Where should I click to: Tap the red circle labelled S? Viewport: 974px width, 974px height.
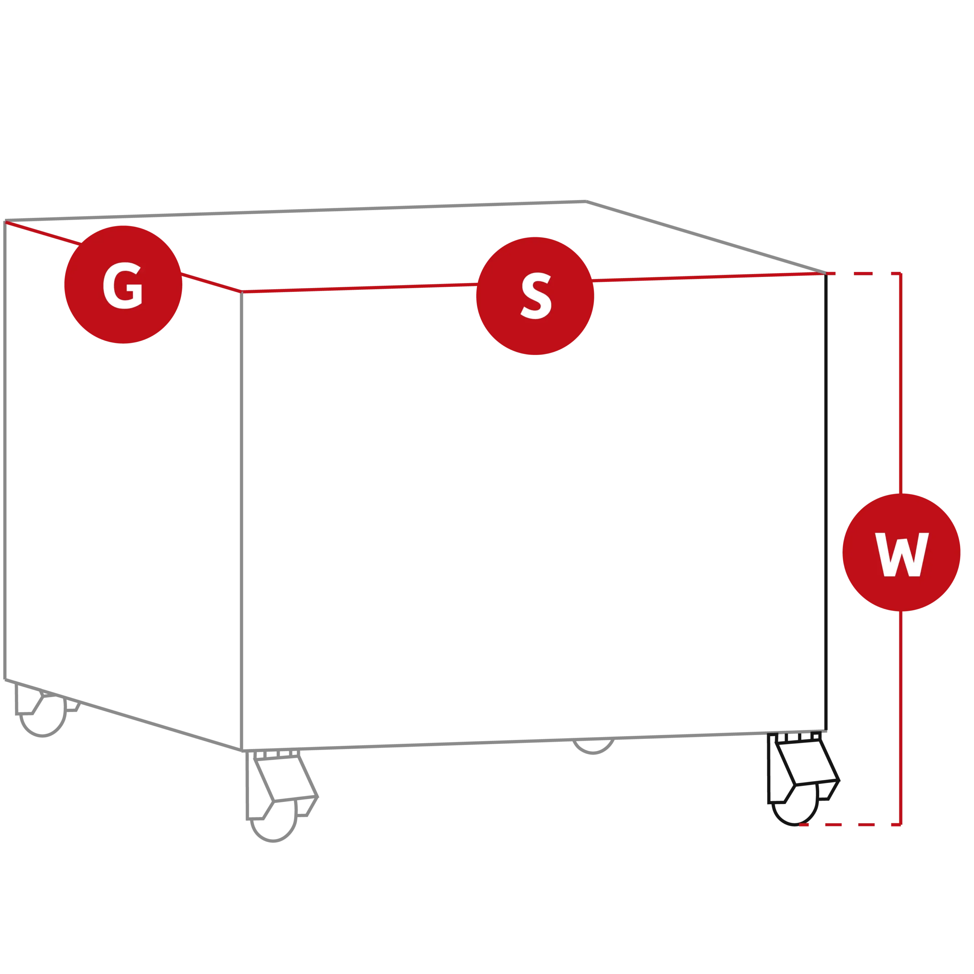pyautogui.click(x=535, y=296)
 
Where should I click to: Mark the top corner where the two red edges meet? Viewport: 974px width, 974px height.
pyautogui.click(x=242, y=291)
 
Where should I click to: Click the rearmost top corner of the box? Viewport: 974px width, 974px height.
pyautogui.click(x=586, y=202)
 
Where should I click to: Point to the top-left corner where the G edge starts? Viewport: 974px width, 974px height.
pyautogui.click(x=5, y=221)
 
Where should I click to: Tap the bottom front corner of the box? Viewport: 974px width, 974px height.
pyautogui.click(x=242, y=751)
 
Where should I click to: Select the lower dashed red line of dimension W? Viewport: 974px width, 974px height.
pyautogui.click(x=850, y=825)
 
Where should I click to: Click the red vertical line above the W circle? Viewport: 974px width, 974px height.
pyautogui.click(x=901, y=384)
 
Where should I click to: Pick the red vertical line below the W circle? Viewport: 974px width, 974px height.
pyautogui.click(x=901, y=718)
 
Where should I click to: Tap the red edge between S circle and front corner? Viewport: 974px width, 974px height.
pyautogui.click(x=360, y=288)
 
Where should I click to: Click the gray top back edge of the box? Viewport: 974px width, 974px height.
pyautogui.click(x=295, y=211)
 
